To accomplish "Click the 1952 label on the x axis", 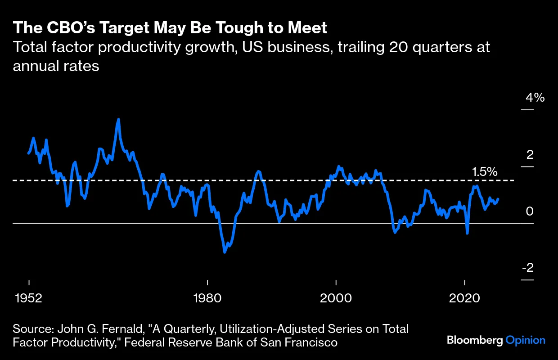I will tap(29, 298).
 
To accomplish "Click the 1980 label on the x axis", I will tap(207, 298).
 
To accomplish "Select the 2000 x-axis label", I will tap(336, 298).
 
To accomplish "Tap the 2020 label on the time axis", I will tap(464, 298).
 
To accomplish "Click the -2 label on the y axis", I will tap(527, 268).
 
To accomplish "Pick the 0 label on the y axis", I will tap(530, 211).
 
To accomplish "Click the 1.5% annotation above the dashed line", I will tap(485, 171).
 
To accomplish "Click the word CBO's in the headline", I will tap(63, 28).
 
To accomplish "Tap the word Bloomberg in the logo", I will tap(474, 340).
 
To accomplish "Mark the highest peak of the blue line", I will tap(118, 119).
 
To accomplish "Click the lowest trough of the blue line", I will tap(225, 252).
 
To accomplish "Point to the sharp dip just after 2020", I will tap(468, 233).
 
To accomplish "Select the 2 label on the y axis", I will tap(530, 154).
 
